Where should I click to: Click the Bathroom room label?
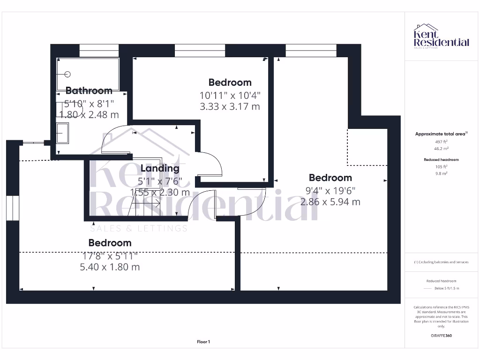pos(89,90)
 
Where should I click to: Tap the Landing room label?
pos(160,168)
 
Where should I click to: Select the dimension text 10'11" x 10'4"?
pos(230,95)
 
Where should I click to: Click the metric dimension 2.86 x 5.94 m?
pos(330,202)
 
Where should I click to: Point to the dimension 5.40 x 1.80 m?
pos(110,267)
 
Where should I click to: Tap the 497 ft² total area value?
pos(441,141)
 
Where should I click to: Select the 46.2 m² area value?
pos(441,148)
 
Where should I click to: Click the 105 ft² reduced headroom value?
pos(441,166)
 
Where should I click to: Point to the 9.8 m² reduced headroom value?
pos(441,173)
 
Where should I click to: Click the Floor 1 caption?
pos(203,342)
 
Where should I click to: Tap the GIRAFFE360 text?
pos(441,336)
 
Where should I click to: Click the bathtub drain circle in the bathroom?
pos(67,74)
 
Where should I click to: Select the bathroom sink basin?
pos(62,133)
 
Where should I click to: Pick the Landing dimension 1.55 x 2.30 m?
pos(160,192)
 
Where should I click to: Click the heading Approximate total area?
pos(441,134)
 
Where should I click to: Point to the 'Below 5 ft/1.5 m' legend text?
pos(447,288)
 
